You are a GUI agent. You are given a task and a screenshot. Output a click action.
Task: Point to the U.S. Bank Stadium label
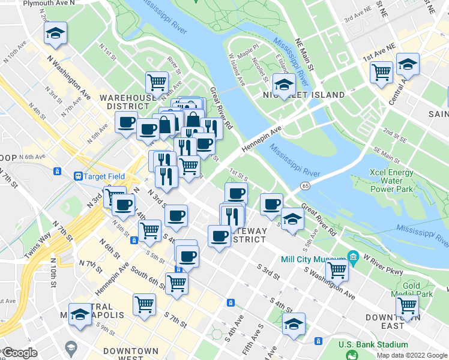pos(373,344)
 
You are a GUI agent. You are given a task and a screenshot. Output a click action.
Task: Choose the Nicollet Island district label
pos(303,95)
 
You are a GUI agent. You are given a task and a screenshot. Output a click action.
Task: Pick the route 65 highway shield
pos(306,186)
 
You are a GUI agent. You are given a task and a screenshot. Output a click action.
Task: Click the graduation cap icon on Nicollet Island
pos(284,84)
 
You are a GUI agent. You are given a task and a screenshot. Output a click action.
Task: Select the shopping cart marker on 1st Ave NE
pos(382,73)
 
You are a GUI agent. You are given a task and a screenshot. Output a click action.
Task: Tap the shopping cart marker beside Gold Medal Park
pos(408,305)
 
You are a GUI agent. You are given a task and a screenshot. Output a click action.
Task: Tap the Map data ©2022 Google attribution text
pos(412,355)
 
